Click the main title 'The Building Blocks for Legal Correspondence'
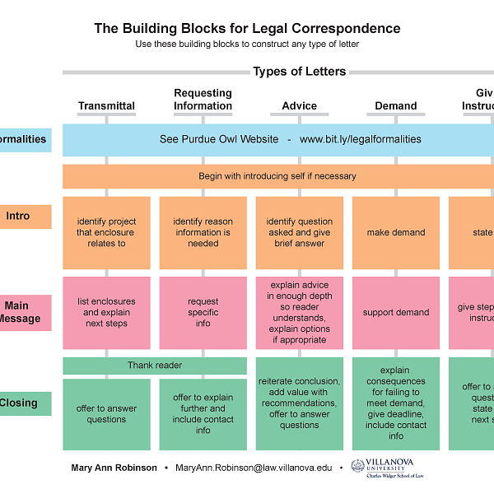click(x=247, y=28)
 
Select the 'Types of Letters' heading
click(x=299, y=72)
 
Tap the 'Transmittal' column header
click(x=106, y=106)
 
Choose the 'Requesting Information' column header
click(x=203, y=100)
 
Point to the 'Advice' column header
click(x=299, y=106)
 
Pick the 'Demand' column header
click(x=396, y=106)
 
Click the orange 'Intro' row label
click(x=18, y=217)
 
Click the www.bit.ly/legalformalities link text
click(x=360, y=140)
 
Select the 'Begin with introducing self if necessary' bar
click(x=277, y=176)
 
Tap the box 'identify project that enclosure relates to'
click(x=106, y=233)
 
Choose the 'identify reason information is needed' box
click(x=203, y=233)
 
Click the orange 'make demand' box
click(x=396, y=233)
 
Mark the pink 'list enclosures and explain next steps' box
click(x=106, y=313)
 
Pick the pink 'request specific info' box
click(x=203, y=313)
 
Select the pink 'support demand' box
click(x=396, y=313)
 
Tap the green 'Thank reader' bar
click(x=155, y=366)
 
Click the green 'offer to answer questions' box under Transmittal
click(x=106, y=414)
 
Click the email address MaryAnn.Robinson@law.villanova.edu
click(x=254, y=468)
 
